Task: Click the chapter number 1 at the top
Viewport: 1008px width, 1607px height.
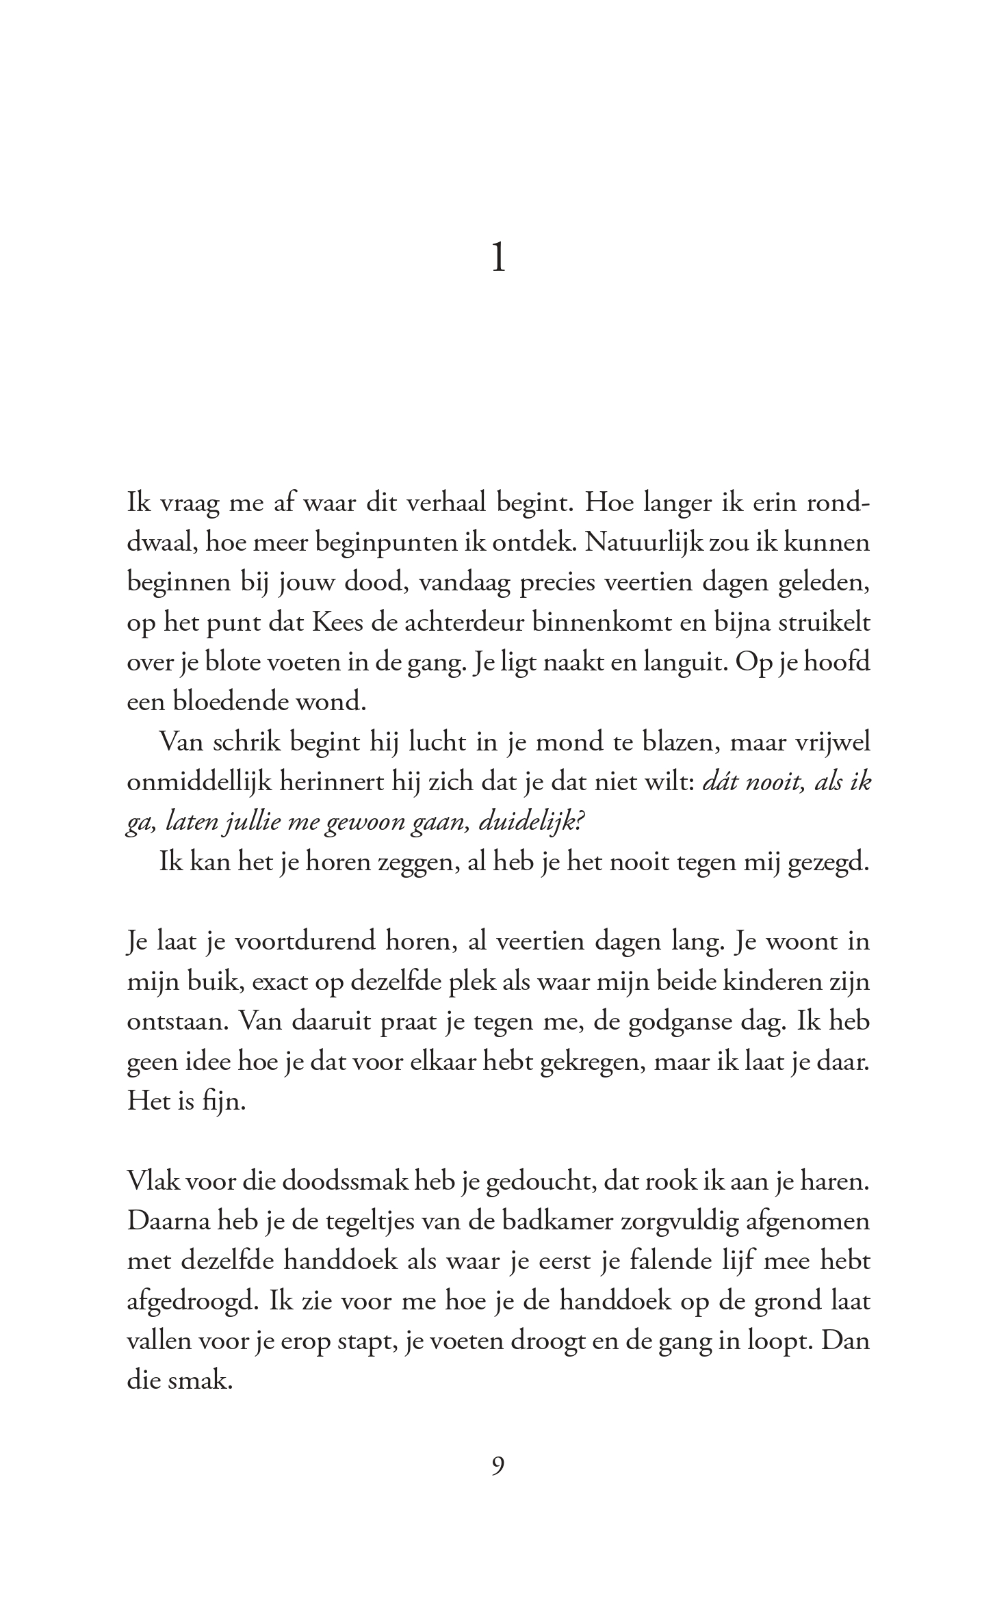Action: (x=499, y=259)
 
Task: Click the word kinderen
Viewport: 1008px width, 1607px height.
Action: (x=772, y=982)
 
